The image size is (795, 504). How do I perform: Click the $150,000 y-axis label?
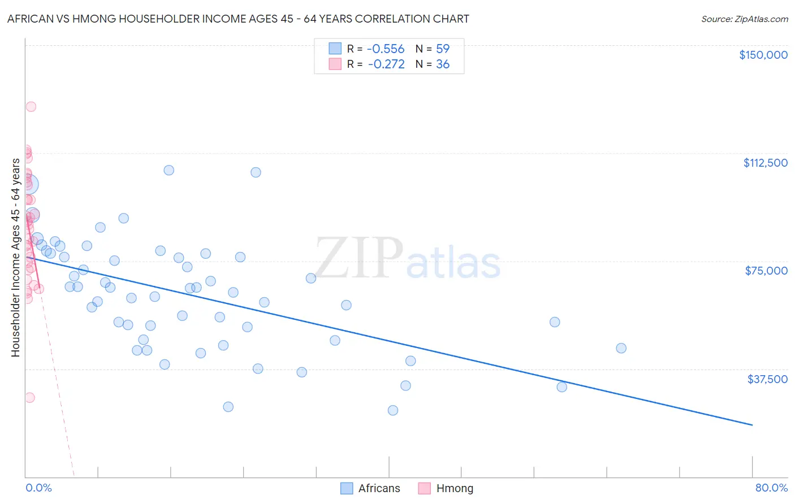click(763, 55)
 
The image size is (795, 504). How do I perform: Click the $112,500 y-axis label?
click(765, 163)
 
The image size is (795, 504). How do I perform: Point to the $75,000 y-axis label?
click(766, 271)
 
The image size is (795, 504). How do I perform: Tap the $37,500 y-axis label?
click(767, 379)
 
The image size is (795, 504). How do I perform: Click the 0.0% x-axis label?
click(38, 488)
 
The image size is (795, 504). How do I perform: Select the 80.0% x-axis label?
click(771, 488)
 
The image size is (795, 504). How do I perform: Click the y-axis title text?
click(15, 258)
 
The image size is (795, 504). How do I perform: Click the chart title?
click(238, 19)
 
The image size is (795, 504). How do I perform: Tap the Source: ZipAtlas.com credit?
click(744, 19)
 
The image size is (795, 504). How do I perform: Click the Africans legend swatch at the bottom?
click(347, 488)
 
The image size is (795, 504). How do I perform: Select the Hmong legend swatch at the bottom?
click(425, 488)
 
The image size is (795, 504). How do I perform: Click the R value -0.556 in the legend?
click(386, 49)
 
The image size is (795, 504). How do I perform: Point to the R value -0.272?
click(386, 64)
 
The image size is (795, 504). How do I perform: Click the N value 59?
click(443, 49)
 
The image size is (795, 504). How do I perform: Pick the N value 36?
click(443, 64)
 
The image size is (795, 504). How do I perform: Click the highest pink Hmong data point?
click(31, 107)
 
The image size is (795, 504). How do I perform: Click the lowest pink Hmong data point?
click(29, 398)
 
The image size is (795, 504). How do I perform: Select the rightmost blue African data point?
click(621, 348)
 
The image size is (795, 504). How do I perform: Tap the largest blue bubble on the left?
click(28, 184)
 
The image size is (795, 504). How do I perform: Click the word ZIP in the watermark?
click(358, 258)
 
